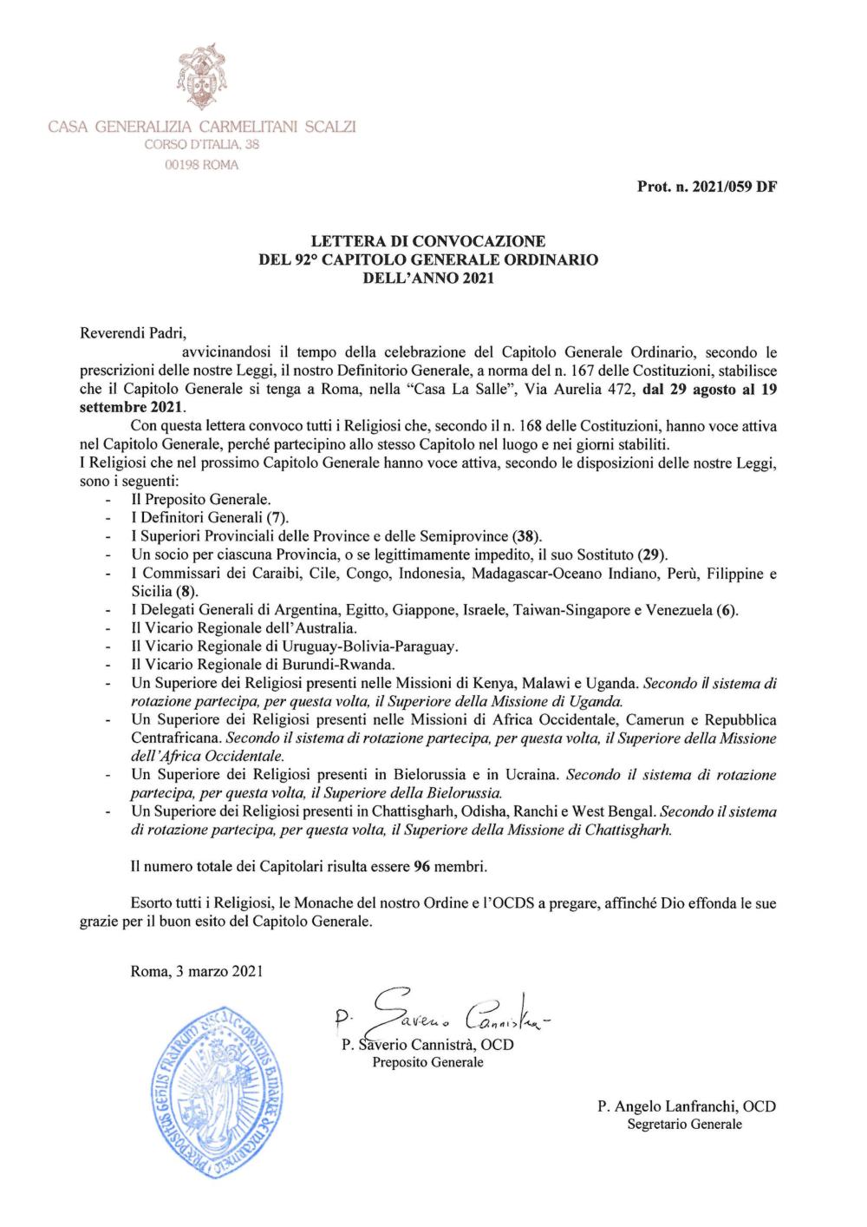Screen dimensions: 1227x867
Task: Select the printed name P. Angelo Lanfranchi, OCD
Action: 686,1106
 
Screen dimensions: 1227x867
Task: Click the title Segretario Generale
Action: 685,1125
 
